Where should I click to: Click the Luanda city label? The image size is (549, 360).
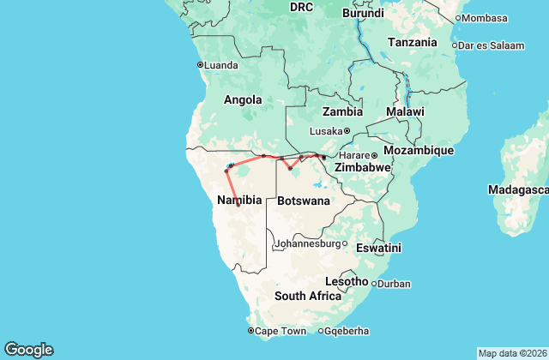[x=221, y=64]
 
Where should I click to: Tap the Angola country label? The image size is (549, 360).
[x=243, y=99]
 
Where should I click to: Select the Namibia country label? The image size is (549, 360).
[x=239, y=200]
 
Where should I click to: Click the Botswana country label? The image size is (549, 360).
[x=304, y=201]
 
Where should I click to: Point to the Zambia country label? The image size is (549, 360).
[x=342, y=111]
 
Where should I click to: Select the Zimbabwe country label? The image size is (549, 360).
[x=362, y=168]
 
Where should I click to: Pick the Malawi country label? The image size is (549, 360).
[x=405, y=111]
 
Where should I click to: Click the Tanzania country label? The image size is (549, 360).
[x=413, y=42]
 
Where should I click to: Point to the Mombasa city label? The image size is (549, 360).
[x=486, y=17]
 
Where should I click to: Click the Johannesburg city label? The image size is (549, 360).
[x=307, y=243]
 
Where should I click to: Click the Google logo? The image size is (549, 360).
[x=28, y=349]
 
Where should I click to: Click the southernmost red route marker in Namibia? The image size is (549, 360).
[x=238, y=205]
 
